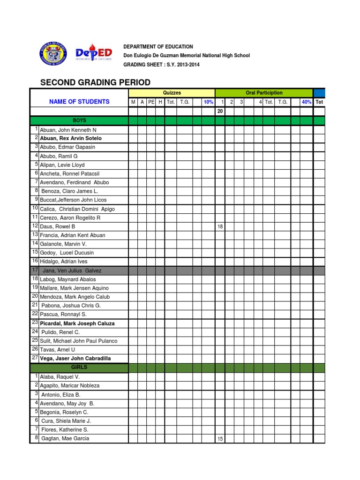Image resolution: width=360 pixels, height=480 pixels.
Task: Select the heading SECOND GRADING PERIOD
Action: point(95,82)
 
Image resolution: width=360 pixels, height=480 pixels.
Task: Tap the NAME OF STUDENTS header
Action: point(79,102)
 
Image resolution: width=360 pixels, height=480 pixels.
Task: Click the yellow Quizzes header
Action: point(172,93)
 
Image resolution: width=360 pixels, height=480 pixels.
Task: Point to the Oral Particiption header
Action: point(264,93)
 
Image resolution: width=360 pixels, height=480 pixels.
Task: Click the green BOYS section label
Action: point(79,120)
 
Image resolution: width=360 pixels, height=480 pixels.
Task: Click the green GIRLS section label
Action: point(79,367)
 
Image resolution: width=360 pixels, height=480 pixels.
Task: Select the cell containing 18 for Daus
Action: point(220,226)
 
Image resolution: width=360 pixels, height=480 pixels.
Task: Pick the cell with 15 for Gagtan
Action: point(220,439)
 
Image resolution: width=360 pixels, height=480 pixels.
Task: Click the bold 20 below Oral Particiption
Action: point(220,111)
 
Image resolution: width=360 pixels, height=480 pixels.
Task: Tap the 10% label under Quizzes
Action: point(208,102)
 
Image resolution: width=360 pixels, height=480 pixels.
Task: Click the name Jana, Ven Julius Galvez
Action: point(72,270)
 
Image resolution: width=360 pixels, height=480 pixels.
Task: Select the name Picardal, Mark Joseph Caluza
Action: point(77,323)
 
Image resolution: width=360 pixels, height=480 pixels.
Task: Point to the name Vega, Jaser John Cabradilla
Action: point(75,359)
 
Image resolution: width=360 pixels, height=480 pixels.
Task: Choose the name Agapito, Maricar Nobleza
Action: point(70,385)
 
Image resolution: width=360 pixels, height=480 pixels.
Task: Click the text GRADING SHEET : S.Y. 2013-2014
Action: point(161,65)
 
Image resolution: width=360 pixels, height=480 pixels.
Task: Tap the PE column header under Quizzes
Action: point(151,102)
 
